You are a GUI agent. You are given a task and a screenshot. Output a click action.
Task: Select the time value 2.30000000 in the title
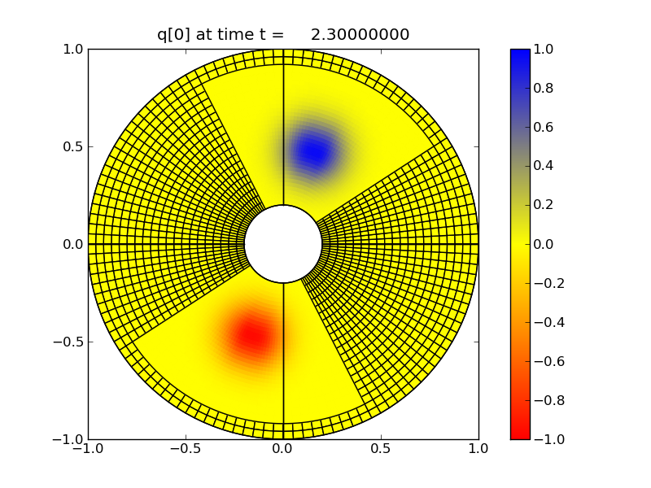click(x=360, y=34)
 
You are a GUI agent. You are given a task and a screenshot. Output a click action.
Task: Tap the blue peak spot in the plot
click(x=312, y=151)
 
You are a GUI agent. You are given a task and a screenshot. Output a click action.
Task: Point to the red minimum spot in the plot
click(x=251, y=334)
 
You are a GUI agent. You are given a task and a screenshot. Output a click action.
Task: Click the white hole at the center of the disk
click(x=283, y=244)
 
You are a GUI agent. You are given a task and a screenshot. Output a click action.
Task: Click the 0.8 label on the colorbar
click(x=546, y=88)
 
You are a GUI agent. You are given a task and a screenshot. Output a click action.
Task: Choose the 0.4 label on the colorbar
click(x=546, y=166)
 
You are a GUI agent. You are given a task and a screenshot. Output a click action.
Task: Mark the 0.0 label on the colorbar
click(x=546, y=244)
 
